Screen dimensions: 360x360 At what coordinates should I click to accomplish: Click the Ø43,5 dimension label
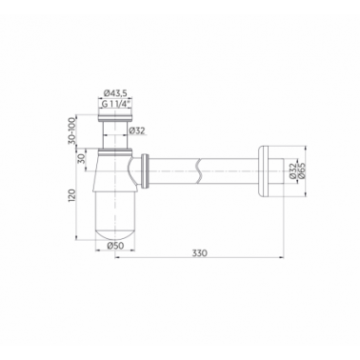point(115,93)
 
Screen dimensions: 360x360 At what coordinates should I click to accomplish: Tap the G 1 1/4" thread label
point(115,104)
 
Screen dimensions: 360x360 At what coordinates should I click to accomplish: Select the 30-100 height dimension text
point(72,130)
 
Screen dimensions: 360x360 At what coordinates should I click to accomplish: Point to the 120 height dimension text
point(72,197)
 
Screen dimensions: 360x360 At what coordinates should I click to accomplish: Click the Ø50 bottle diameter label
point(115,246)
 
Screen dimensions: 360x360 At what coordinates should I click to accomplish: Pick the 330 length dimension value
point(199,253)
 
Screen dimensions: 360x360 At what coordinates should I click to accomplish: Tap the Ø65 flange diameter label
point(301,170)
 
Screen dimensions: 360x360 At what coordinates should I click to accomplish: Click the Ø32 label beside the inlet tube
point(137,130)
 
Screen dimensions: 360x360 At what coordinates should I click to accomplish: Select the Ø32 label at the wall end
point(292,170)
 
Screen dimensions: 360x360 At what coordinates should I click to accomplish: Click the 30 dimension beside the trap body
point(81,158)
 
